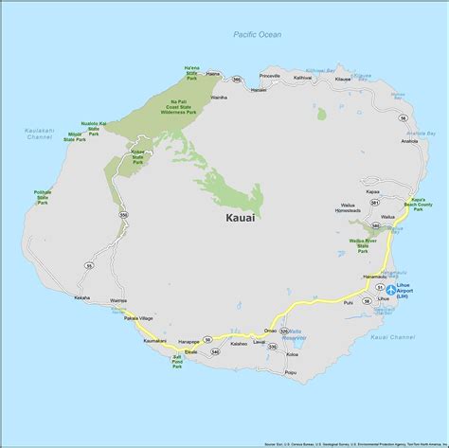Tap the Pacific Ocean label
click(x=258, y=35)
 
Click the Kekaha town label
click(x=82, y=297)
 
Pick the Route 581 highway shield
click(x=374, y=204)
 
